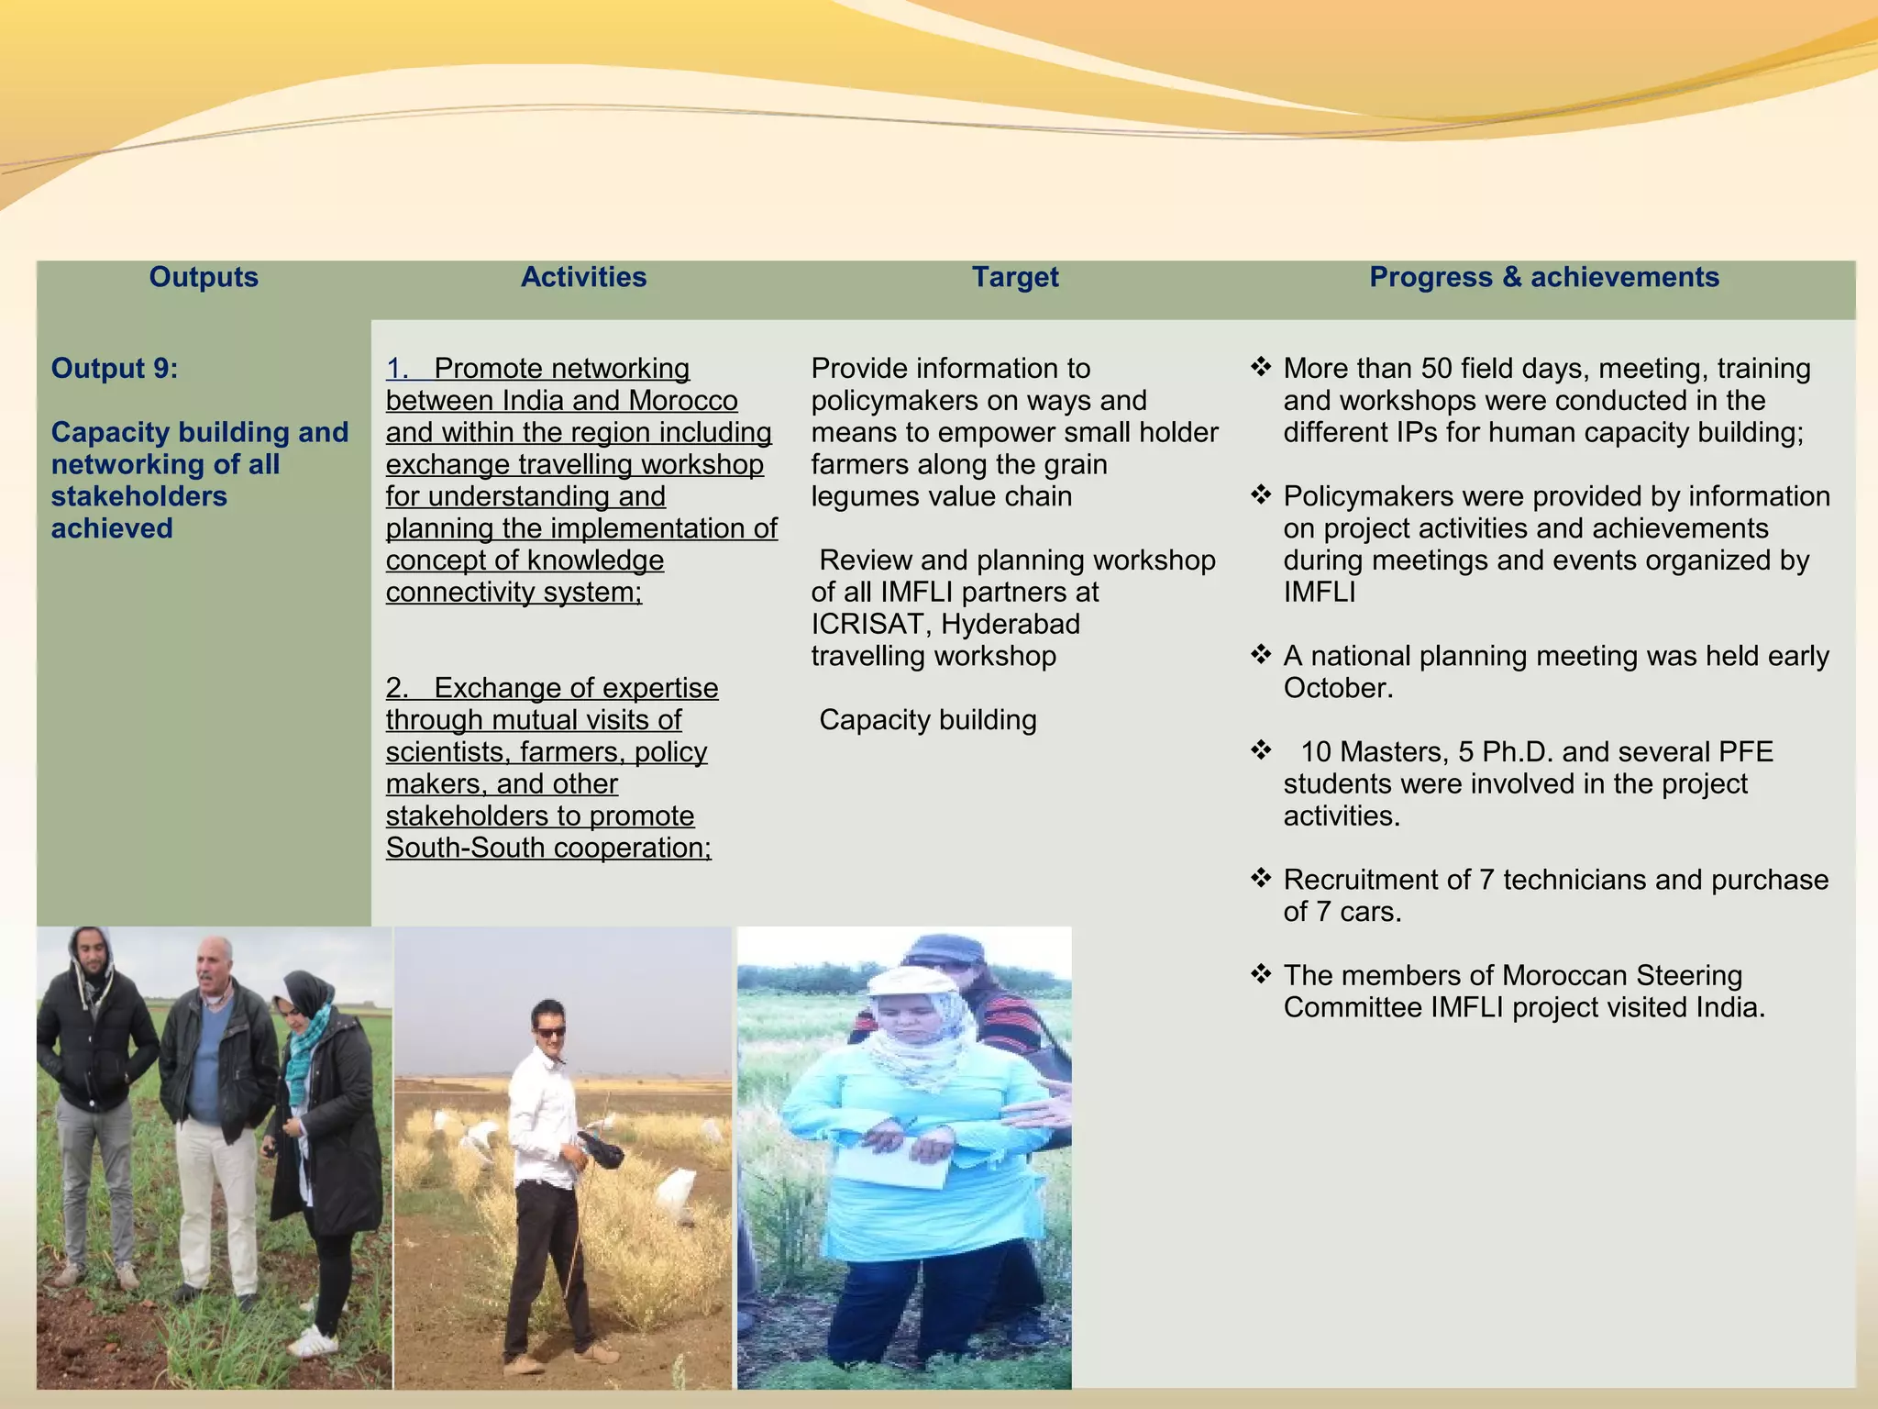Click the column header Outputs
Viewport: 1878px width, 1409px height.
click(x=204, y=277)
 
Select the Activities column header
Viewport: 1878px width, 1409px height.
click(x=583, y=277)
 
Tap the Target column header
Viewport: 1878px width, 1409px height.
click(x=1015, y=277)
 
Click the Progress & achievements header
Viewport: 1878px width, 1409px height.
click(x=1543, y=277)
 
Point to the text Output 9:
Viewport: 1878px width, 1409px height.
click(x=115, y=369)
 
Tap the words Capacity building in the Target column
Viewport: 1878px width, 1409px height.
click(x=927, y=720)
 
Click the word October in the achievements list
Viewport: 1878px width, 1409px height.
click(x=1335, y=688)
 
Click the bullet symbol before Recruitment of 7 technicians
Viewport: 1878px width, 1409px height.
click(x=1261, y=879)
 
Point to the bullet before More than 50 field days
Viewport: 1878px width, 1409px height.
click(x=1261, y=368)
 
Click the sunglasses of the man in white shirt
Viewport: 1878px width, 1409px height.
click(x=550, y=1032)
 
